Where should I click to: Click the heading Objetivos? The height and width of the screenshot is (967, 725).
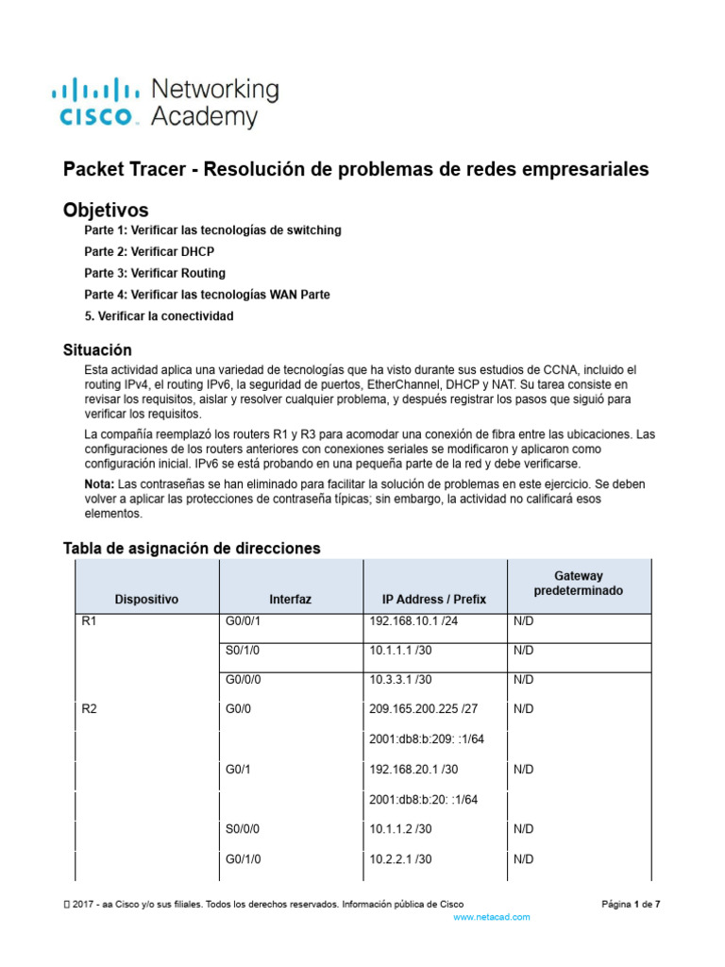click(x=106, y=209)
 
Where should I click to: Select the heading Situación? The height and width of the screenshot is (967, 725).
click(x=97, y=350)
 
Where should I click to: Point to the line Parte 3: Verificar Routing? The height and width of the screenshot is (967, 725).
click(x=155, y=273)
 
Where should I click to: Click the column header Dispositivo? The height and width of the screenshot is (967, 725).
click(x=146, y=599)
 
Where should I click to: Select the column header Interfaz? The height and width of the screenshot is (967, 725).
click(x=290, y=599)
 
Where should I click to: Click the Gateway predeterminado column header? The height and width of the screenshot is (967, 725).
click(x=579, y=583)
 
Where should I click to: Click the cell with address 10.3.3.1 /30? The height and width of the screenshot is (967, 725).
click(x=405, y=680)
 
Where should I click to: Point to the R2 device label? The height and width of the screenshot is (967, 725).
click(x=91, y=708)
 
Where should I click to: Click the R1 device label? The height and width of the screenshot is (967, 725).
click(x=91, y=621)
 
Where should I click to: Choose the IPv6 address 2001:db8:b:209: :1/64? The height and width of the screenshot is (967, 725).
click(x=427, y=738)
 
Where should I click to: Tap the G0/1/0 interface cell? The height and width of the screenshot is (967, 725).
click(x=244, y=859)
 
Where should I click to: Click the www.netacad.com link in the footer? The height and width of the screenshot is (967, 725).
click(x=491, y=917)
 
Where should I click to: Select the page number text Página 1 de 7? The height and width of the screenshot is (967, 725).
click(x=631, y=904)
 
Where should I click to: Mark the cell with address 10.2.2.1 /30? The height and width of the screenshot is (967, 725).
click(x=405, y=859)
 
